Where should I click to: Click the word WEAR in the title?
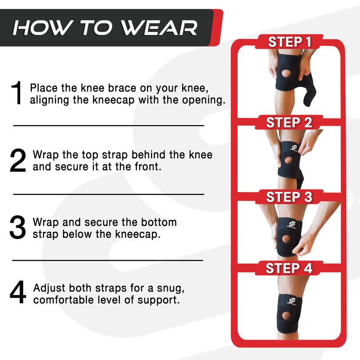[x=159, y=28]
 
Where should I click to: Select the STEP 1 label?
[x=289, y=42]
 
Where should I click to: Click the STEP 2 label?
[x=289, y=122]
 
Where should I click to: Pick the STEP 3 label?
[x=289, y=197]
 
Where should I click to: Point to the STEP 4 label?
[x=289, y=268]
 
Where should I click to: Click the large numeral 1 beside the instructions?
[x=17, y=93]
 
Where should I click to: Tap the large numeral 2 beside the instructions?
[x=18, y=160]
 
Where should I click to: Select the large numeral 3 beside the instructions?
[x=18, y=227]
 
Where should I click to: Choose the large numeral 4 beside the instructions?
[x=18, y=292]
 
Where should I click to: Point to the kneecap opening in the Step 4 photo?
[x=287, y=316]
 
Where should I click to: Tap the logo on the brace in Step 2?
[x=294, y=148]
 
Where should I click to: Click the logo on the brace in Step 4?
[x=292, y=301]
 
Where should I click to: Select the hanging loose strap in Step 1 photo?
[x=309, y=92]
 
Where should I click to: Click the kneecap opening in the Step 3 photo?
[x=286, y=239]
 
